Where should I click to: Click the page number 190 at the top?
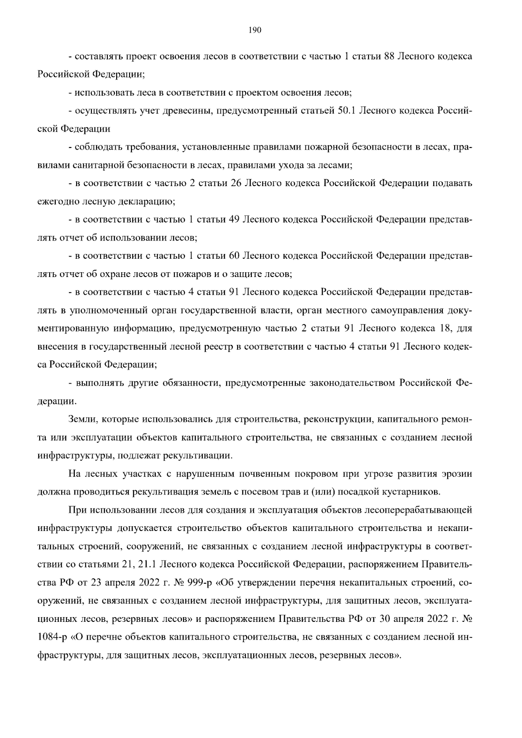pos(254,30)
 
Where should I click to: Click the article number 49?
pos(234,220)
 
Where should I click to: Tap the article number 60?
pos(234,256)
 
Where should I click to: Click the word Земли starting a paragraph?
pos(83,420)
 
